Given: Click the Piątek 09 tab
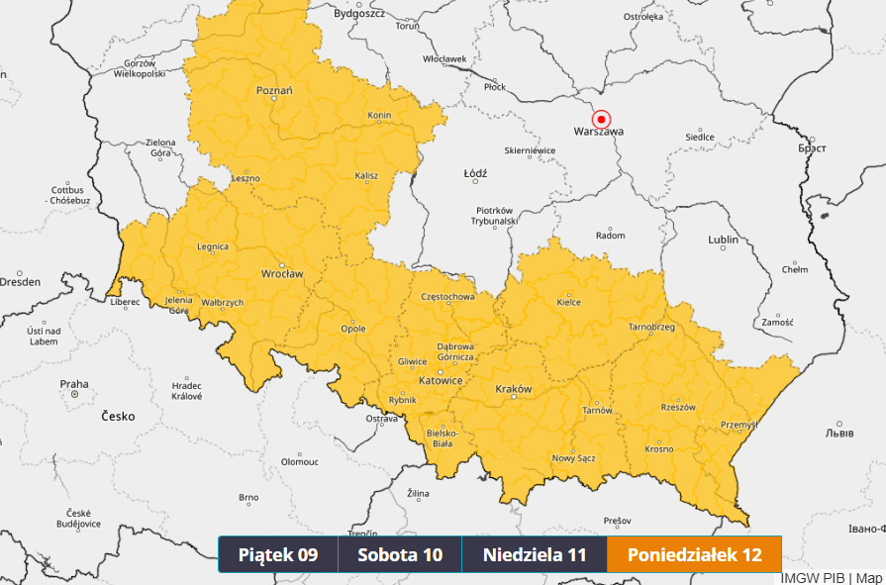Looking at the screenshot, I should click(278, 554).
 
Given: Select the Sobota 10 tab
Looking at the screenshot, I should click(400, 554).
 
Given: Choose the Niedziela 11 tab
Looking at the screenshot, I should click(535, 554).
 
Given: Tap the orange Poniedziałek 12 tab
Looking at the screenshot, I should click(694, 554).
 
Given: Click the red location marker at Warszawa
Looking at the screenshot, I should click(601, 118).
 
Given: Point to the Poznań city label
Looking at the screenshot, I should click(274, 91).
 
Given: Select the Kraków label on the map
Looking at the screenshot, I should click(513, 389).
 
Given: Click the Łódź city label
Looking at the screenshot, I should click(475, 173).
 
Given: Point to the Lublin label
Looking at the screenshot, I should click(724, 240).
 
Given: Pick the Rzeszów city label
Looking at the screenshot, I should click(678, 407).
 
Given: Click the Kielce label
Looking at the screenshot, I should click(569, 303).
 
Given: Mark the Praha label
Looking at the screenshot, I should click(74, 384).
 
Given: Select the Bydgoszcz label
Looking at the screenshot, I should click(358, 13).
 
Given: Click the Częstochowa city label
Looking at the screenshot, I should click(447, 296).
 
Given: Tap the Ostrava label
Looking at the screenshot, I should click(381, 419).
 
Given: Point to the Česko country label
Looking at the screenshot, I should click(118, 417).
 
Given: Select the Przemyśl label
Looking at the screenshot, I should click(738, 425).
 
